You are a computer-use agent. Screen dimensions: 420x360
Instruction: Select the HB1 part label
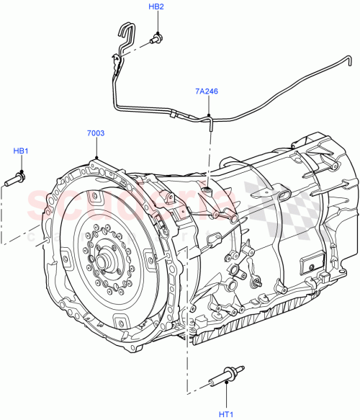tap(21, 151)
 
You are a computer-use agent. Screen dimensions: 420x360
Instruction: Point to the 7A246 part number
tap(206, 92)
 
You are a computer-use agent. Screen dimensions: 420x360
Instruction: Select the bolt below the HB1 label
tap(16, 178)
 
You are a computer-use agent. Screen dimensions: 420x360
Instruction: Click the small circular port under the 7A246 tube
tap(208, 190)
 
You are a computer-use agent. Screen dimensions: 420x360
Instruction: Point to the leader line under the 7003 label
tap(96, 148)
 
